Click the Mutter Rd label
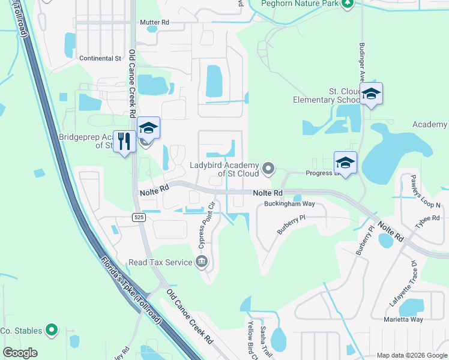click(x=155, y=22)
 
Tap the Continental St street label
click(x=101, y=58)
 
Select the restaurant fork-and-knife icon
click(x=124, y=142)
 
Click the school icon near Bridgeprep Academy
click(x=148, y=128)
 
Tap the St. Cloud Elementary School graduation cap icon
click(x=372, y=94)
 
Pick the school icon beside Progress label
click(x=345, y=162)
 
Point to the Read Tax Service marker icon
click(x=202, y=262)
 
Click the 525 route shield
click(x=139, y=217)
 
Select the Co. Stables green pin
click(x=52, y=329)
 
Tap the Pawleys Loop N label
click(x=425, y=191)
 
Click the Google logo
click(x=20, y=353)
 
